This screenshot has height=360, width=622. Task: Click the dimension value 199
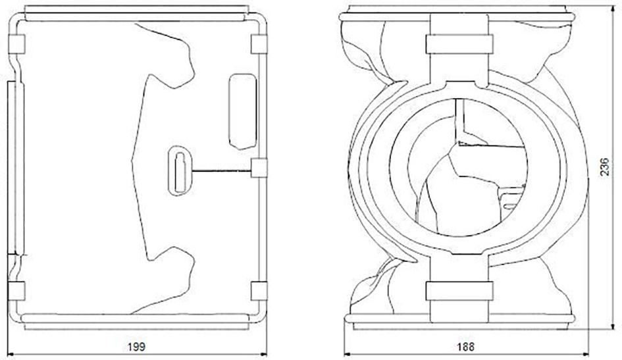coord(136,347)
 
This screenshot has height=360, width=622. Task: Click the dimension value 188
coord(466,347)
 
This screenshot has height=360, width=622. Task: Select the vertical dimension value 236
coord(604,167)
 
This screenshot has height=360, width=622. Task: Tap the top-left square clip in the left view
coord(16,44)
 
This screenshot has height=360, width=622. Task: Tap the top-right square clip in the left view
coord(259,44)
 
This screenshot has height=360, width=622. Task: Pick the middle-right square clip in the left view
coord(259,168)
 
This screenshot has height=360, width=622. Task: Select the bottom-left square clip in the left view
coord(16,291)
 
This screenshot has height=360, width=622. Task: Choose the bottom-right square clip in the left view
coord(259,291)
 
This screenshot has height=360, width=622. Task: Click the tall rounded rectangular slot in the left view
coord(243,111)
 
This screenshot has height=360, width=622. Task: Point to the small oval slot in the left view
coord(180,171)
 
